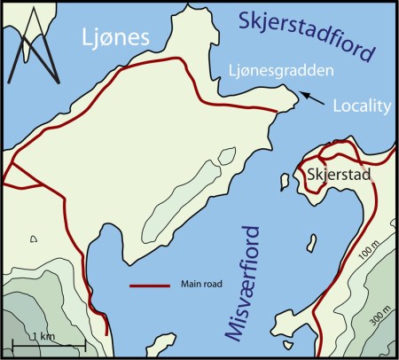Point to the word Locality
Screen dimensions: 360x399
361,106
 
